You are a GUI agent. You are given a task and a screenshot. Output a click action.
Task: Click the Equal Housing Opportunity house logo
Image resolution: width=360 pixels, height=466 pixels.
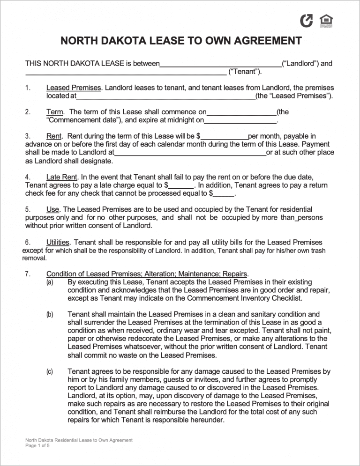[x=326, y=21]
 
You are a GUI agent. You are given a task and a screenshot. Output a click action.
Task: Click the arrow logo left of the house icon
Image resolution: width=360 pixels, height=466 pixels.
[x=307, y=21]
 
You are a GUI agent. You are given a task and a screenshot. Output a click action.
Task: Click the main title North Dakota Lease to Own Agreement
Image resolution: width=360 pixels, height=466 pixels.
[x=181, y=41]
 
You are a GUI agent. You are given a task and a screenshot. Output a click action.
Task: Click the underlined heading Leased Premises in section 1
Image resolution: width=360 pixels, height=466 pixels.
[x=74, y=88]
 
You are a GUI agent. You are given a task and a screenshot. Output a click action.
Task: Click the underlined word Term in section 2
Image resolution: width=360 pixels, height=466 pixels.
[x=55, y=112]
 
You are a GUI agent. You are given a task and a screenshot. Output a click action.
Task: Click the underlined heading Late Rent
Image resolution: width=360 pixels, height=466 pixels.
[x=63, y=177]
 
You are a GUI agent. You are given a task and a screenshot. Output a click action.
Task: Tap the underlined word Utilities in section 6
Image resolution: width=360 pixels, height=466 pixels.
[x=58, y=242]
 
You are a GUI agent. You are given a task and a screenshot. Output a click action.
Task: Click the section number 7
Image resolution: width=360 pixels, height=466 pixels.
[x=28, y=274]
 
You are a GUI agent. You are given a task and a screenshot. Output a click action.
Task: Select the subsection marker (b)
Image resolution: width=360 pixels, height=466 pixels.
[x=49, y=315]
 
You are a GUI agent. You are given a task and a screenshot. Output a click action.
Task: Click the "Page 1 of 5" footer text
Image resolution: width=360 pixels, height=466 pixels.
[x=37, y=446]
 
